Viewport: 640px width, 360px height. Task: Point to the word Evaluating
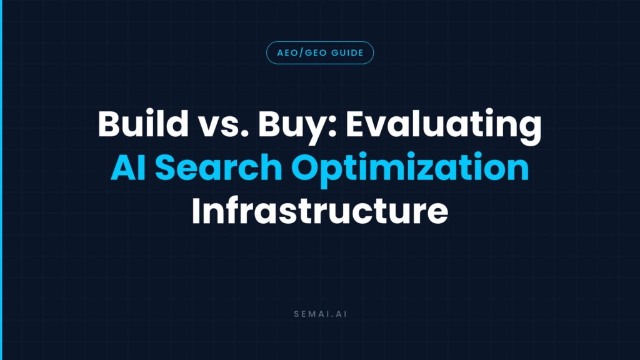444,127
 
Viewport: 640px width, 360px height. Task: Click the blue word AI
128,166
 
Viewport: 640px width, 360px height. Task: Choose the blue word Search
219,166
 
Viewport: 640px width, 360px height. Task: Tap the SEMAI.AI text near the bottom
321,314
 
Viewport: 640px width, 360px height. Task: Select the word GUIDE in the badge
347,53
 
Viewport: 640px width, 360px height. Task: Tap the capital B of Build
109,124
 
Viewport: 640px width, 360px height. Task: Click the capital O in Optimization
306,167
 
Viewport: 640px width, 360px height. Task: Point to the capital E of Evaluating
355,124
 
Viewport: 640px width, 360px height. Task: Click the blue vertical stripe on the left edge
1,180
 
